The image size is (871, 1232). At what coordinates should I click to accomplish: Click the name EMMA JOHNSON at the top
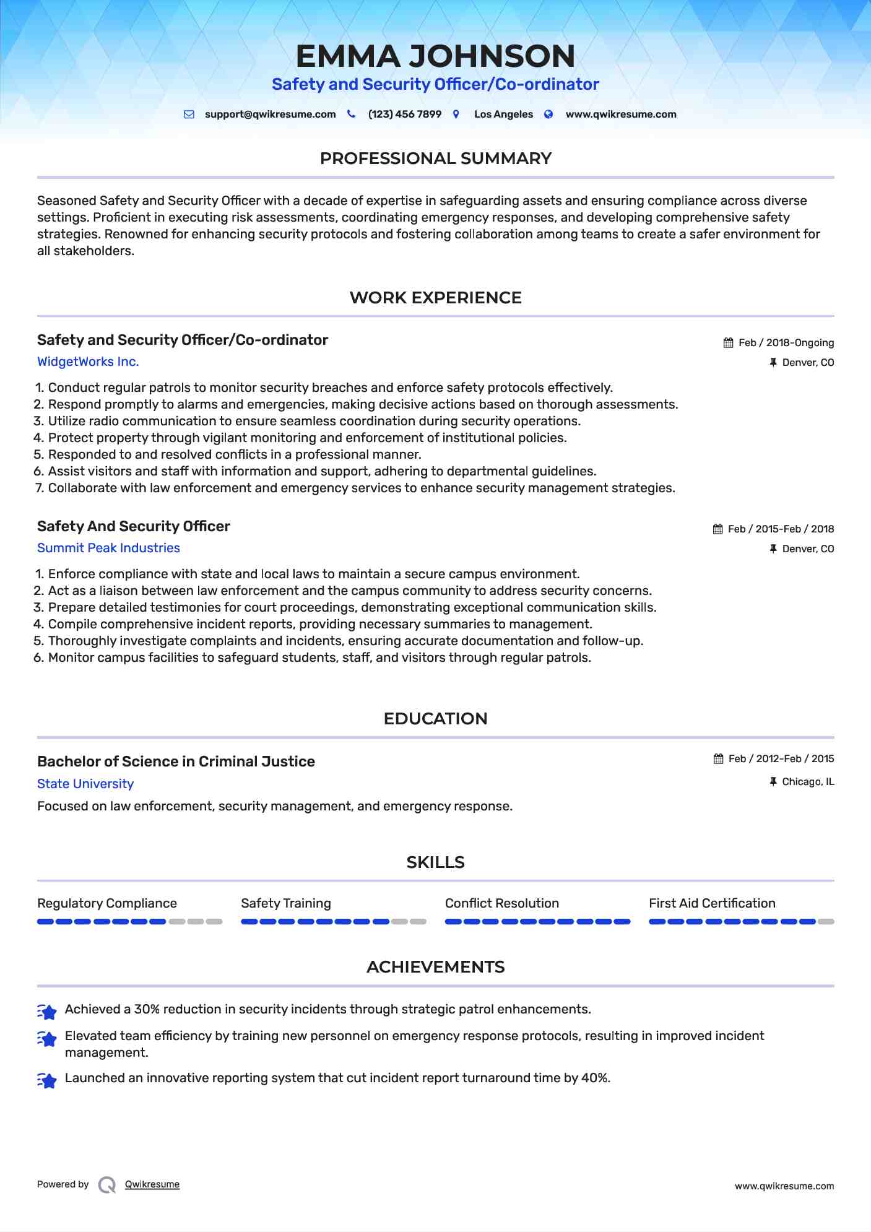435,56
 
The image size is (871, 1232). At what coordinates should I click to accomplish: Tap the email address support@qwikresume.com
270,115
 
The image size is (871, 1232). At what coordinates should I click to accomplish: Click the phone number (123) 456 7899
404,115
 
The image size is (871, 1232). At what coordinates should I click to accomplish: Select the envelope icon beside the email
189,115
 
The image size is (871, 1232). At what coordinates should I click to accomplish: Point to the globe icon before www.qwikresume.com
548,115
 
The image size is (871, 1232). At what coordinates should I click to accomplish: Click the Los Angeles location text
503,115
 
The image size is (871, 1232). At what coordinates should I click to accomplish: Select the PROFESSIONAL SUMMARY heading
435,158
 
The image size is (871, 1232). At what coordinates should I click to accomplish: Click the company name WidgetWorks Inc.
88,362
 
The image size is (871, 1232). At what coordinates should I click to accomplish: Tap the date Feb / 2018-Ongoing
786,343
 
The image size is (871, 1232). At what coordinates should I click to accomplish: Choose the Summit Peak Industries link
108,548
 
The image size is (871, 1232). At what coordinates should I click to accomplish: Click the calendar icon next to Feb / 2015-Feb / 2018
717,529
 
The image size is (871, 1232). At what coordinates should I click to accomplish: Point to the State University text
85,784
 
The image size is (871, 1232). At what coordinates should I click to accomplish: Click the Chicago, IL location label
808,782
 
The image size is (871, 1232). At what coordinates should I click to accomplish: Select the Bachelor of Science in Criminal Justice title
176,761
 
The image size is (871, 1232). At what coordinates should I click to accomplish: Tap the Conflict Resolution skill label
501,903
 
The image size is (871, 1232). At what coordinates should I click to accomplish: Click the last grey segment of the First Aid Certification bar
826,922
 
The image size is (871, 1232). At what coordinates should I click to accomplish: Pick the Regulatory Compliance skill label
107,903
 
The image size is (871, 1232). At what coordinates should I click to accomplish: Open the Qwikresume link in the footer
152,1184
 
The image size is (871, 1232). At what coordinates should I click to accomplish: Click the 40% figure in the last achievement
595,1078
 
